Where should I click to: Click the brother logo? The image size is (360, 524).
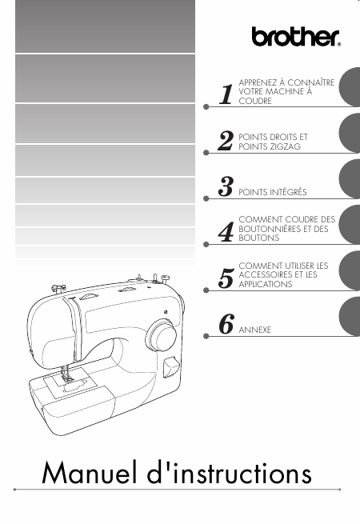pyautogui.click(x=296, y=37)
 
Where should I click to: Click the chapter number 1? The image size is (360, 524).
pyautogui.click(x=226, y=94)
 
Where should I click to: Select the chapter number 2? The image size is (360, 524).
pyautogui.click(x=226, y=141)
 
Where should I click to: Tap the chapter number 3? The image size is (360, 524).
pyautogui.click(x=226, y=186)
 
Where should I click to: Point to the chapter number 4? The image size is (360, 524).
pyautogui.click(x=226, y=232)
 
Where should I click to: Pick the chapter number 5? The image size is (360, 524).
pyautogui.click(x=226, y=278)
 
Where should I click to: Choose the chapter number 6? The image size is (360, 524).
pyautogui.click(x=226, y=324)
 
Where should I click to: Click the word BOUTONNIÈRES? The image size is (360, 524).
pyautogui.click(x=270, y=229)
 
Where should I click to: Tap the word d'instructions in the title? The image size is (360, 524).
pyautogui.click(x=230, y=472)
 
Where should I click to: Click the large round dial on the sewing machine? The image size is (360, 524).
pyautogui.click(x=161, y=335)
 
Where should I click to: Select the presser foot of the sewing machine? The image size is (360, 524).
pyautogui.click(x=66, y=378)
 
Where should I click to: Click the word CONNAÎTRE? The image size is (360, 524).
pyautogui.click(x=310, y=82)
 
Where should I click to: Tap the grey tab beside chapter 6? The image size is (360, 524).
pyautogui.click(x=350, y=317)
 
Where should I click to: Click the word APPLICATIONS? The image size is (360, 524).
pyautogui.click(x=266, y=284)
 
